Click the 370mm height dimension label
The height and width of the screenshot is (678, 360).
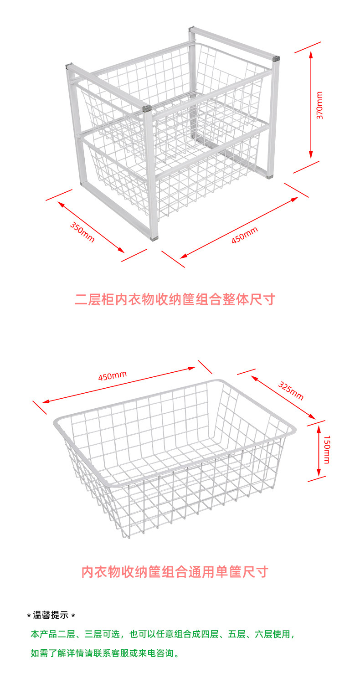pyautogui.click(x=320, y=106)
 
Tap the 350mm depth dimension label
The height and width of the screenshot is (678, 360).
pyautogui.click(x=82, y=232)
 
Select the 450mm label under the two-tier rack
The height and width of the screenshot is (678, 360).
pyautogui.click(x=244, y=235)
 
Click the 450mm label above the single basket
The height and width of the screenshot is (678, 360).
pyautogui.click(x=112, y=376)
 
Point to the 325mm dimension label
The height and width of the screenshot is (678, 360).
pyautogui.click(x=291, y=390)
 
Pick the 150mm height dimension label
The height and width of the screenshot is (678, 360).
pyautogui.click(x=326, y=449)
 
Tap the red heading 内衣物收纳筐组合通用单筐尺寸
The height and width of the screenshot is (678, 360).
pyautogui.click(x=175, y=572)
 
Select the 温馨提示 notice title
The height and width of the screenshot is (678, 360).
pyautogui.click(x=51, y=616)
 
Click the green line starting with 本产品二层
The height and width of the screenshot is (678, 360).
pyautogui.click(x=163, y=634)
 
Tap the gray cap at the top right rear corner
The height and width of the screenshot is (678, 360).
pyautogui.click(x=276, y=58)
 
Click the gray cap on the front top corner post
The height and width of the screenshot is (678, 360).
pyautogui.click(x=146, y=109)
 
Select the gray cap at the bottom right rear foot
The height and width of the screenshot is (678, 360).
pyautogui.click(x=270, y=175)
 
